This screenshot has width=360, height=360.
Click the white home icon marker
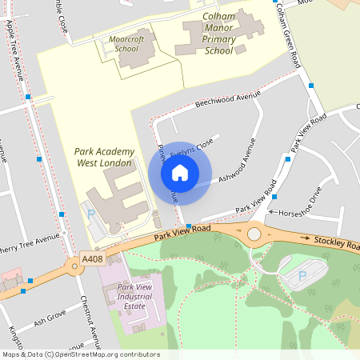180,173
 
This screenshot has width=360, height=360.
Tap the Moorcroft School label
126,44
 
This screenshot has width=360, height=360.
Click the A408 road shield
91,260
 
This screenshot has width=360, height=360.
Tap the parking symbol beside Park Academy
90,214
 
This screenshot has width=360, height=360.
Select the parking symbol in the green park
302,275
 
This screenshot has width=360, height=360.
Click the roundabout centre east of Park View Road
254,234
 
